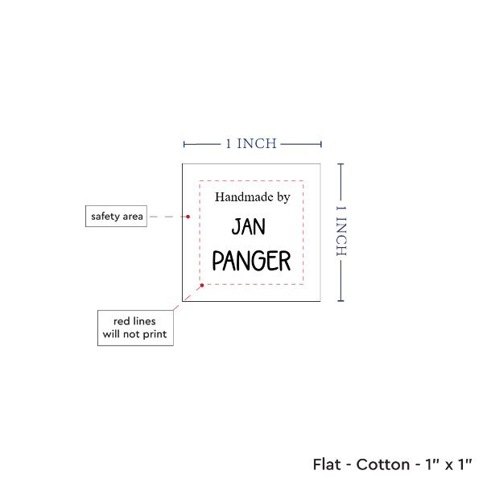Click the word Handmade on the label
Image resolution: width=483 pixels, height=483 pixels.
pyautogui.click(x=244, y=197)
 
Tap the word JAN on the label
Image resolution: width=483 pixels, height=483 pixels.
pyautogui.click(x=248, y=226)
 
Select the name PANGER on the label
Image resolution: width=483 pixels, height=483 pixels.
pyautogui.click(x=251, y=261)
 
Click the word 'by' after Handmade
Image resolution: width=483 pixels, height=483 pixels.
pyautogui.click(x=283, y=198)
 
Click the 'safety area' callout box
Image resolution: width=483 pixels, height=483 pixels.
pyautogui.click(x=116, y=217)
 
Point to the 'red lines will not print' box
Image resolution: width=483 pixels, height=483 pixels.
pyautogui.click(x=135, y=328)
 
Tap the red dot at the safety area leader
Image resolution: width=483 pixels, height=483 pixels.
pyautogui.click(x=188, y=217)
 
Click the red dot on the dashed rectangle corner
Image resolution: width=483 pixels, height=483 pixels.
pyautogui.click(x=202, y=286)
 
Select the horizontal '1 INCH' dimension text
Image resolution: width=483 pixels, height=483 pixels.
pyautogui.click(x=251, y=144)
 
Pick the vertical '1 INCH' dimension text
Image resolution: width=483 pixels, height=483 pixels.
pyautogui.click(x=341, y=231)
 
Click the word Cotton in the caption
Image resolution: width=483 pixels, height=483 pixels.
pyautogui.click(x=383, y=464)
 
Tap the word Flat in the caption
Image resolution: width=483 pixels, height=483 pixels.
pyautogui.click(x=327, y=464)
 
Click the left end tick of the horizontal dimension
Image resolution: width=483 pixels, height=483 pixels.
pyautogui.click(x=184, y=144)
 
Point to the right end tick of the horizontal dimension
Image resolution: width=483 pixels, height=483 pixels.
pyautogui.click(x=321, y=144)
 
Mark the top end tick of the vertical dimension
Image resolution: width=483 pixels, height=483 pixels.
pyautogui.click(x=341, y=164)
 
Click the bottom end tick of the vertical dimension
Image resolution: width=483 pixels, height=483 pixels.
pyautogui.click(x=341, y=300)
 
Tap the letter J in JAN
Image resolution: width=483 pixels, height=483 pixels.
pyautogui.click(x=236, y=227)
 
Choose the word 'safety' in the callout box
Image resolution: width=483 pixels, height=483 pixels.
pyautogui.click(x=105, y=217)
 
